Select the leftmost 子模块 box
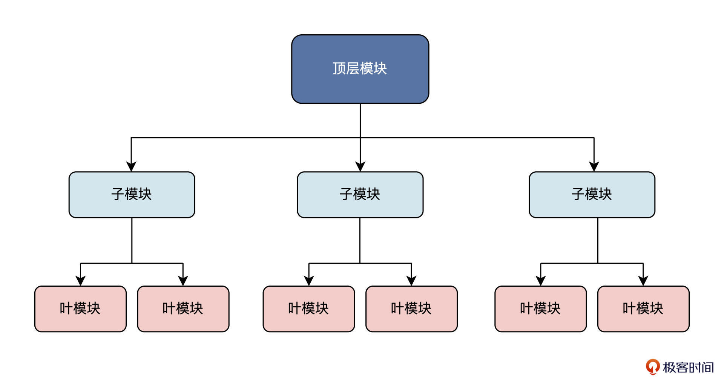(x=132, y=195)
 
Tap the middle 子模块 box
(x=360, y=195)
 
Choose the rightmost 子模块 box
(x=592, y=195)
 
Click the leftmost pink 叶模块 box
(x=80, y=309)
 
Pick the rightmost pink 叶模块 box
(x=643, y=309)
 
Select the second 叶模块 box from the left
(x=183, y=309)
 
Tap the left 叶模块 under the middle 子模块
(x=309, y=309)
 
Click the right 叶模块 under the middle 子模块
(x=411, y=309)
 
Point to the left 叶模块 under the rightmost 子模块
(x=540, y=309)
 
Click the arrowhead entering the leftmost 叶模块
(x=80, y=281)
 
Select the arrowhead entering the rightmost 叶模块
(x=643, y=281)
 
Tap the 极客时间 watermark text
(x=688, y=367)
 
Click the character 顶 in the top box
(x=339, y=68)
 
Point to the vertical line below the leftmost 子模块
(x=132, y=240)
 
